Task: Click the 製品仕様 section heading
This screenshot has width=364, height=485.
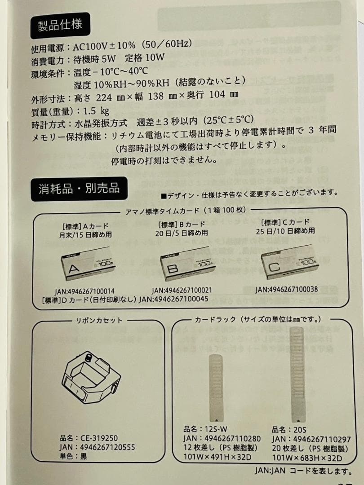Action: point(60,25)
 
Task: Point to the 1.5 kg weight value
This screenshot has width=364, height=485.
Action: point(96,110)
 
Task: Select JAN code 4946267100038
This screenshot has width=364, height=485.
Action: point(287,290)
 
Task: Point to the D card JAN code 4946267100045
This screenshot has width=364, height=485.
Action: point(174,300)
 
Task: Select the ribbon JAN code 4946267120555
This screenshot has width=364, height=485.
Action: point(97,447)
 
